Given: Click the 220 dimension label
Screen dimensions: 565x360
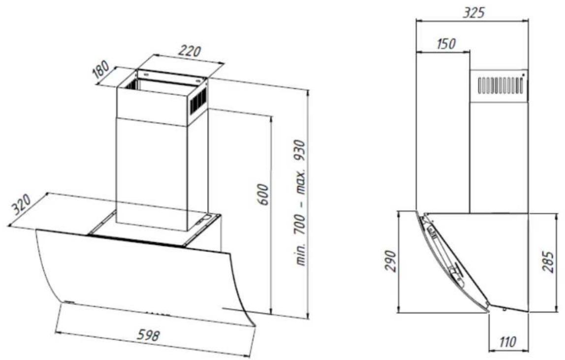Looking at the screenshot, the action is [x=190, y=51].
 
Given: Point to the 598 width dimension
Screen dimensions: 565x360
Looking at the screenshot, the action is [x=148, y=335].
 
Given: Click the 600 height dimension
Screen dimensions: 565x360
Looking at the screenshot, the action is [x=264, y=195].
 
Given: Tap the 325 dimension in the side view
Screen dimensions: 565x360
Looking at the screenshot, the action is [x=473, y=13].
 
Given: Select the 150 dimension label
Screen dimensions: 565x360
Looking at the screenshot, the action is [x=446, y=44].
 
